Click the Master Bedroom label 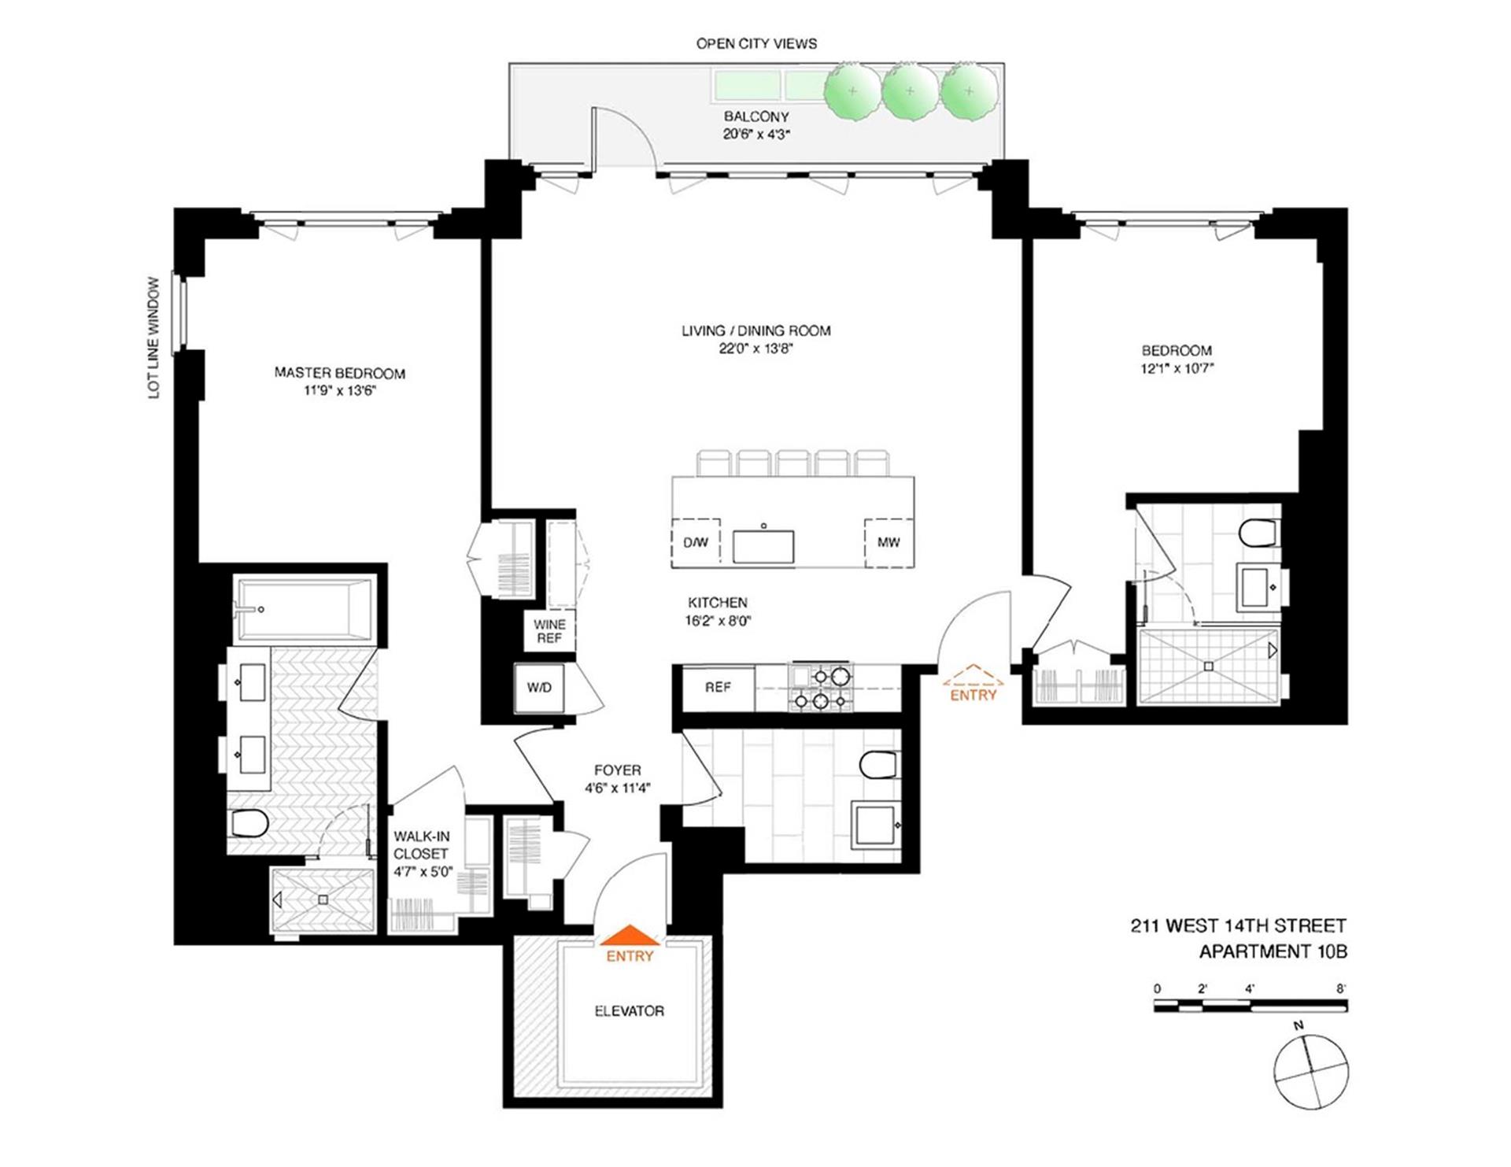click(x=339, y=373)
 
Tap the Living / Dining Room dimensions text click(x=755, y=349)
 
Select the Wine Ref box click(x=549, y=631)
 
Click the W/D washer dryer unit click(x=539, y=688)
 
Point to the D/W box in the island click(x=696, y=542)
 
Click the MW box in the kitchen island click(x=888, y=542)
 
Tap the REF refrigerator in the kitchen click(x=718, y=688)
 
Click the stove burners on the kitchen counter click(x=821, y=688)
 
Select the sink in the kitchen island click(x=763, y=546)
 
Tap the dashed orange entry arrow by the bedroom click(x=973, y=676)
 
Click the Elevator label click(x=629, y=1011)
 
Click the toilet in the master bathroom click(x=250, y=824)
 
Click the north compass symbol click(x=1310, y=1070)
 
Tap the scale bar click(x=1251, y=1006)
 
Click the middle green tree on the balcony click(x=910, y=91)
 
